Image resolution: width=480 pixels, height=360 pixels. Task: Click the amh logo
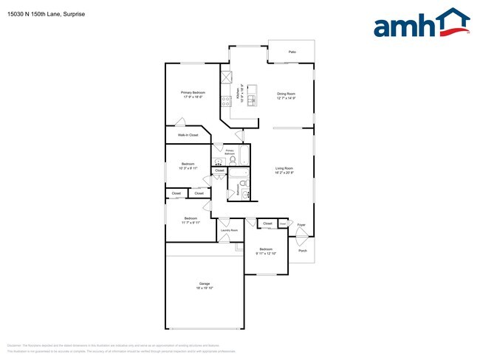(x=421, y=24)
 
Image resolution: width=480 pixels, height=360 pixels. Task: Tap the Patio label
(x=292, y=52)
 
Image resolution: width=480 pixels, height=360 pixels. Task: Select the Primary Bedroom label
(x=193, y=92)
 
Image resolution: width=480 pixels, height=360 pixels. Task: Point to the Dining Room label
(x=286, y=93)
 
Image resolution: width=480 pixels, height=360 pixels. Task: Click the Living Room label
(x=285, y=169)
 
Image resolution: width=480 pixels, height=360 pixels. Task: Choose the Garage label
(x=205, y=283)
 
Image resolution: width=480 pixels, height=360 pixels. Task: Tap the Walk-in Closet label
(x=188, y=135)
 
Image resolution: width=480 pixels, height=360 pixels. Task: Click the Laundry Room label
(x=229, y=231)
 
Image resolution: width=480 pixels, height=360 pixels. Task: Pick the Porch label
(x=303, y=251)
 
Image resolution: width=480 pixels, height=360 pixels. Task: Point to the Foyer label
(x=301, y=224)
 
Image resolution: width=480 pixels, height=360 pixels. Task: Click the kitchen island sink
(x=253, y=100)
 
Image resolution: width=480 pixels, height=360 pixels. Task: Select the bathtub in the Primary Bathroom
(x=244, y=156)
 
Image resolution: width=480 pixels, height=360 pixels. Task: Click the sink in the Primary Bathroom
(x=218, y=162)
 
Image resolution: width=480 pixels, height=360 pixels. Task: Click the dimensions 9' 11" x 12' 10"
(x=266, y=253)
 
